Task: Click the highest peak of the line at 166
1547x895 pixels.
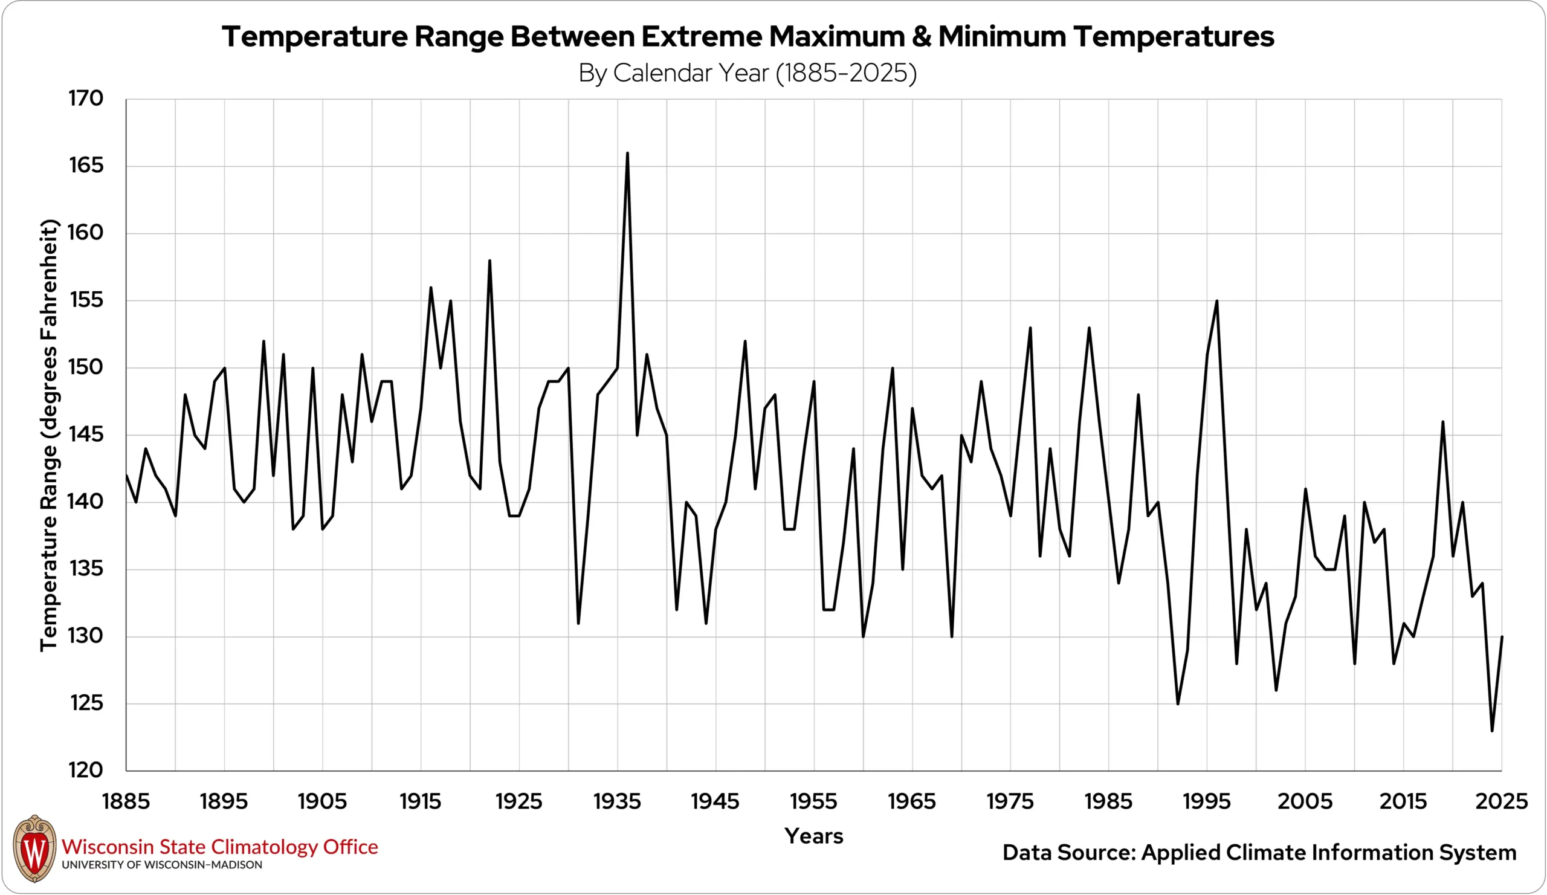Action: (627, 153)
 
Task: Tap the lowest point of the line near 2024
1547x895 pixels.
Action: (1492, 730)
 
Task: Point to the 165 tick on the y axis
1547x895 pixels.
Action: (86, 166)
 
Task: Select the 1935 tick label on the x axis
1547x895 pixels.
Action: (617, 801)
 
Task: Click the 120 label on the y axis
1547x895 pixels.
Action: (86, 771)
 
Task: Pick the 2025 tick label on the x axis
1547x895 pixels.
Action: (1501, 801)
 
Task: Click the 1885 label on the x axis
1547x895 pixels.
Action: (126, 801)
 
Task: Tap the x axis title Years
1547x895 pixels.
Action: (813, 836)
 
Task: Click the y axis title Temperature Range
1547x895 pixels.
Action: (49, 435)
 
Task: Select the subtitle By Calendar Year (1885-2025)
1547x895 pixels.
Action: (747, 73)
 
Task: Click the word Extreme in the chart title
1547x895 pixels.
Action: (702, 37)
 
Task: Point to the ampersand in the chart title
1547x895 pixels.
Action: (921, 37)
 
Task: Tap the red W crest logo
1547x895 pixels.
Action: (34, 849)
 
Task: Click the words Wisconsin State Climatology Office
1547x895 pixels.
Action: (220, 847)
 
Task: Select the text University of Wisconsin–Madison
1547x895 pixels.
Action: (161, 865)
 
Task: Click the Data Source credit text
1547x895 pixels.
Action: (1259, 853)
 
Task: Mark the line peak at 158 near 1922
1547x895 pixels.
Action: (489, 261)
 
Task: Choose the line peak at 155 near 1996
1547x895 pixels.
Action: (1216, 301)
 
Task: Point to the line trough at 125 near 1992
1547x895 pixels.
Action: (1177, 703)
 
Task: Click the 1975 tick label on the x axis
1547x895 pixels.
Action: (1010, 801)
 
